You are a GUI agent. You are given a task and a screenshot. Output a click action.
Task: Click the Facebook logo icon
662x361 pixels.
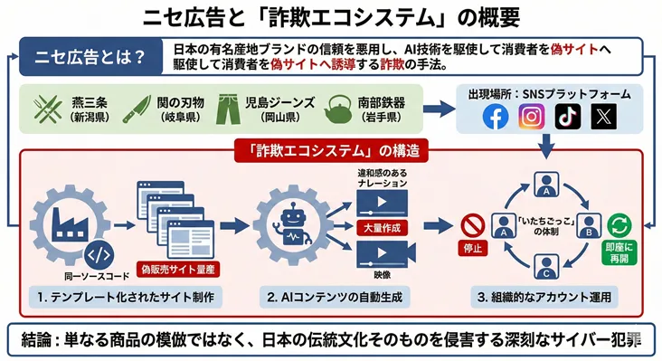[496, 118]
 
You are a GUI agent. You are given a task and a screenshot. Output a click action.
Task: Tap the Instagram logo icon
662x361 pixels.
[534, 118]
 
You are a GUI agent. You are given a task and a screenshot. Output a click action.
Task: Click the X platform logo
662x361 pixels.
[603, 118]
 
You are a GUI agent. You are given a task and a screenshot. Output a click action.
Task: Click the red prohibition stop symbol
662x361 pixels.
[468, 223]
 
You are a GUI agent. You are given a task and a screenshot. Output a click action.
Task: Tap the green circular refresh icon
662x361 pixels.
[620, 223]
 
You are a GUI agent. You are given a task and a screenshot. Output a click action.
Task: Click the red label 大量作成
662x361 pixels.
[379, 225]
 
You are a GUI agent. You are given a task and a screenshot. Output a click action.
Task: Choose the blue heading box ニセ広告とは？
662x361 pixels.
[84, 57]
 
